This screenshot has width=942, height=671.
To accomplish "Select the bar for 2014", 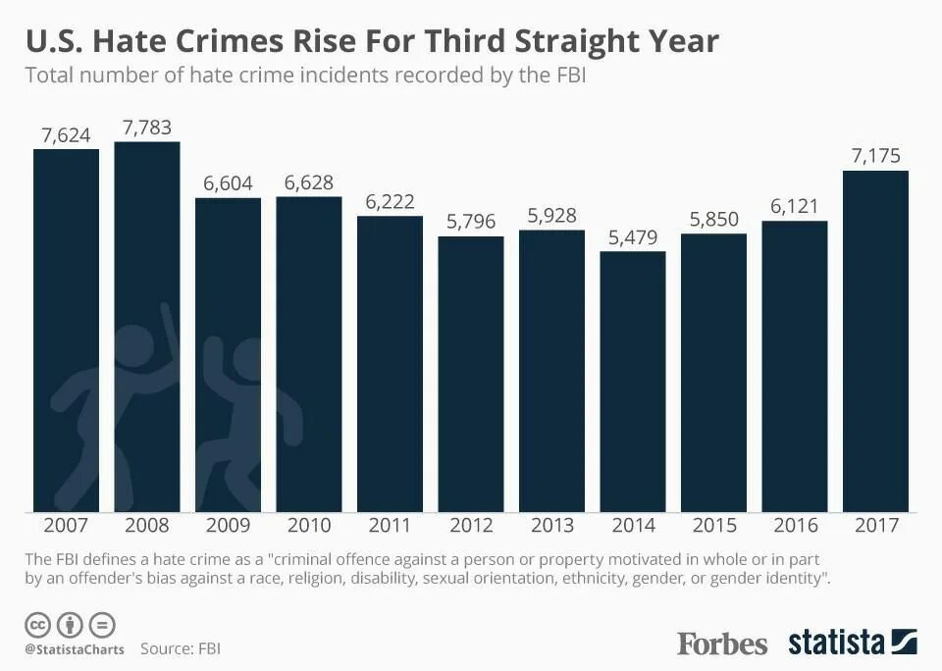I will (633, 382).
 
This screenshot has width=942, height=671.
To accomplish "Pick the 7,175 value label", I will (875, 156).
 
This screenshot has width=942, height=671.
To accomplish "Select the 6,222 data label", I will (390, 201).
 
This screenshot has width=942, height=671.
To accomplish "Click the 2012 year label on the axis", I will (471, 526).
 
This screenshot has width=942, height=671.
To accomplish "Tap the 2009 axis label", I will (228, 526).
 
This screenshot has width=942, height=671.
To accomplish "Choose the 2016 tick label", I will (795, 526).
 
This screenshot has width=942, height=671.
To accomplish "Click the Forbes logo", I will (722, 644).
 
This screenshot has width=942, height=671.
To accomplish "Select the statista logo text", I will (836, 643).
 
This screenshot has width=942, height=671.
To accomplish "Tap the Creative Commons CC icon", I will (38, 624).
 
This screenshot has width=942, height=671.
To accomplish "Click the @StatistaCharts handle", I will (75, 649).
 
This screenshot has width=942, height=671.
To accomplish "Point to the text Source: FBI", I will (181, 648).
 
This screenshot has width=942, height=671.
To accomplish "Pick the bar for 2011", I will (390, 364).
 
